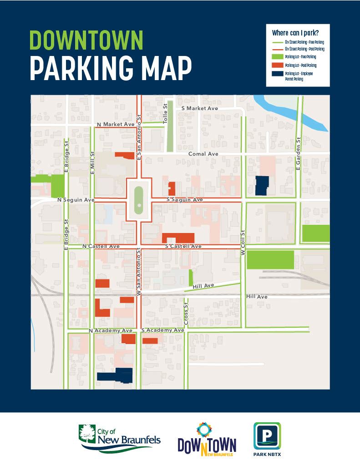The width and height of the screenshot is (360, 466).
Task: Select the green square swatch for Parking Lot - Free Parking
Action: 276,56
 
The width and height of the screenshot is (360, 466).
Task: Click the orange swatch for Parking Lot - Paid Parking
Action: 276,65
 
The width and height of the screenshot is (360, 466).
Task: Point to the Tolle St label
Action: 166,111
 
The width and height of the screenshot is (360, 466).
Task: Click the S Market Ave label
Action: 199,108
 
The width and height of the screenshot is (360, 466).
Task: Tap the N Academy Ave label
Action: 110,330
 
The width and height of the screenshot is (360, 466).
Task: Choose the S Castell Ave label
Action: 183,246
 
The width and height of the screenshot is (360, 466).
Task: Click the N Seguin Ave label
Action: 76,200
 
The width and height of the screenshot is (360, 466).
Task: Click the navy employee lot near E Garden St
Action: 262,186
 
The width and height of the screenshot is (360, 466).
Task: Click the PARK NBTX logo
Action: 267,440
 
